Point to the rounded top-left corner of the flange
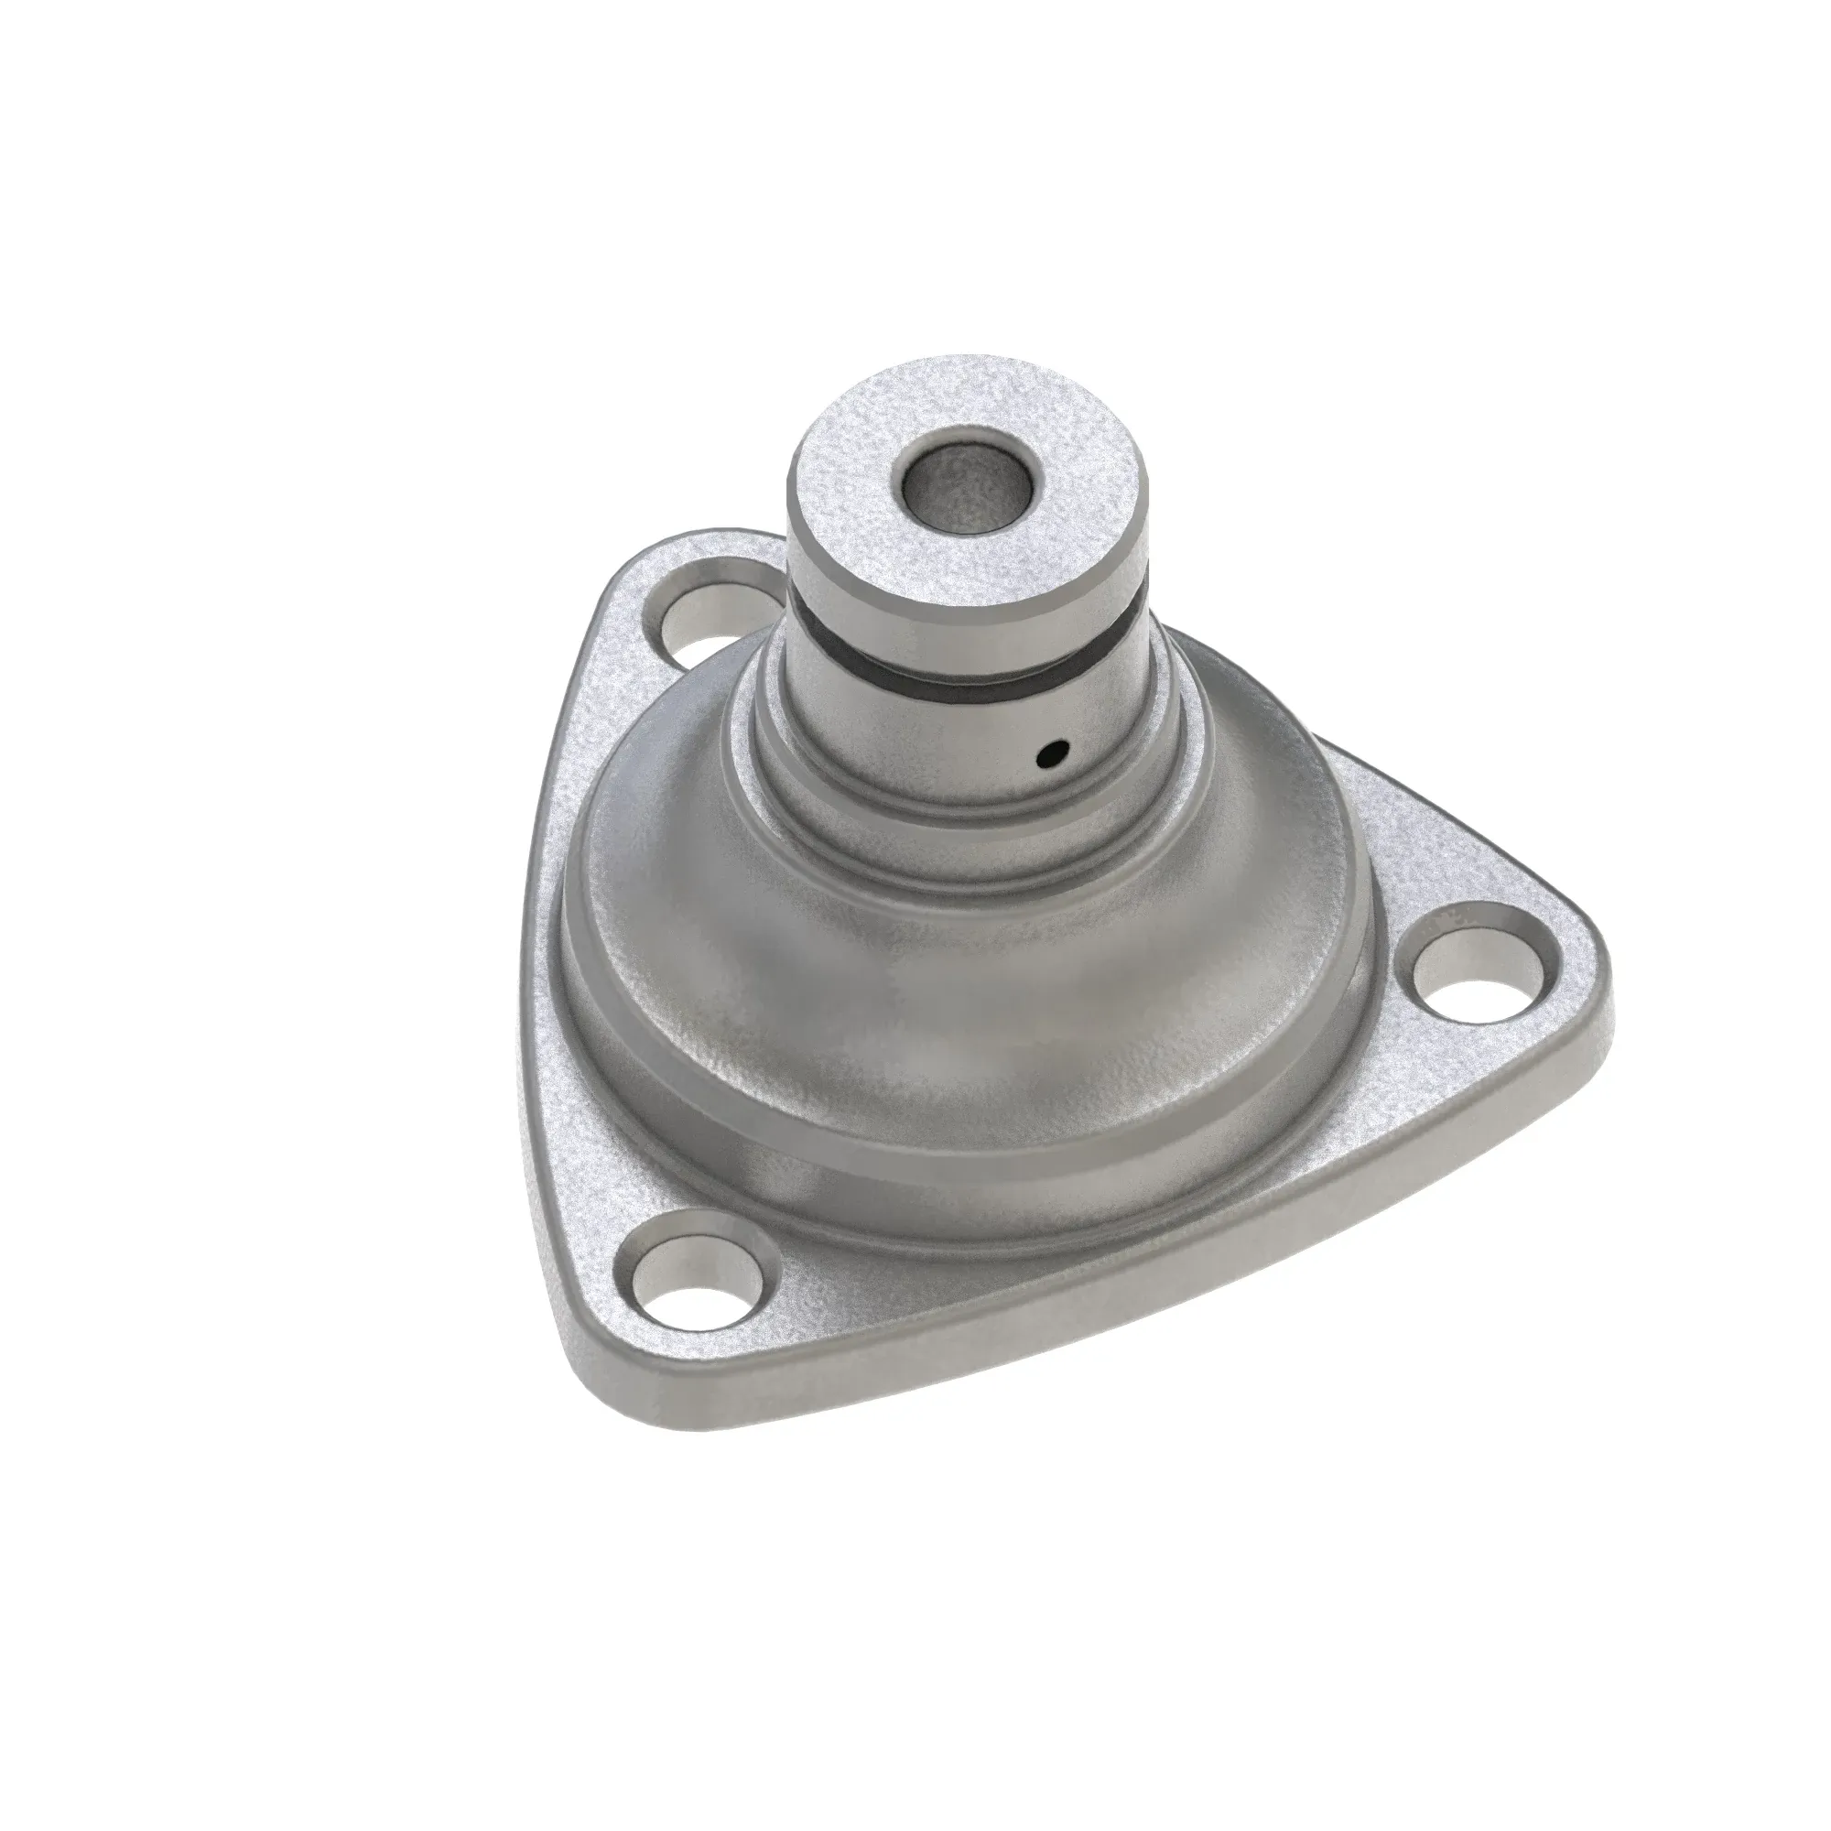664,559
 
